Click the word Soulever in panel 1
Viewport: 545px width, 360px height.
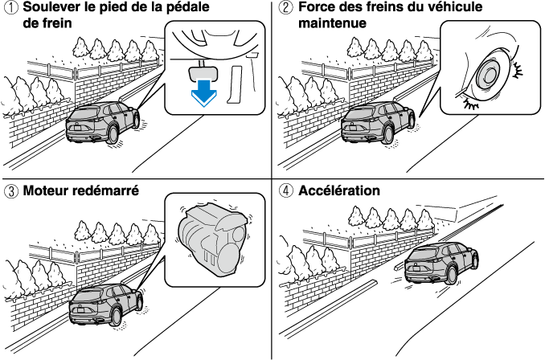[50, 9]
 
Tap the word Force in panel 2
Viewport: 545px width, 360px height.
[316, 9]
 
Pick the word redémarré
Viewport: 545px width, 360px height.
[108, 192]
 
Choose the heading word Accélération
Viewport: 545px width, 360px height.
[338, 192]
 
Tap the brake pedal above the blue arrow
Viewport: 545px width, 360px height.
[203, 71]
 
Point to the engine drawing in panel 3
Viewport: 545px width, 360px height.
[211, 237]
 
